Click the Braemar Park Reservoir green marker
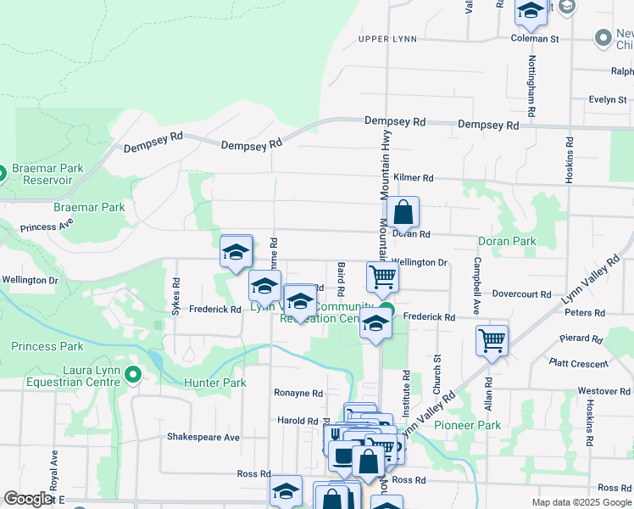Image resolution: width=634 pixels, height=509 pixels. pyautogui.click(x=3, y=174)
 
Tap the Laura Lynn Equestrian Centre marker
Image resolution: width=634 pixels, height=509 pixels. pyautogui.click(x=132, y=374)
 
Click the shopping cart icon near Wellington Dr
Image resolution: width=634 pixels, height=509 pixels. pyautogui.click(x=382, y=277)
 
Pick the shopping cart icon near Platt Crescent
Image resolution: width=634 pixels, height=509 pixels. pyautogui.click(x=492, y=340)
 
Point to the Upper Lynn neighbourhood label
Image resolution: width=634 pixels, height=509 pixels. pyautogui.click(x=387, y=39)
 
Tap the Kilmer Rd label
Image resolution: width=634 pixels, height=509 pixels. pyautogui.click(x=414, y=178)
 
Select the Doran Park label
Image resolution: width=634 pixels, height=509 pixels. pyautogui.click(x=508, y=242)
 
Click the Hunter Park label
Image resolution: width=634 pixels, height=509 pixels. pyautogui.click(x=215, y=383)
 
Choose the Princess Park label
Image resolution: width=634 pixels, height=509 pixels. pyautogui.click(x=47, y=347)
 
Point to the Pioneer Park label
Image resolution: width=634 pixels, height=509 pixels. pyautogui.click(x=468, y=425)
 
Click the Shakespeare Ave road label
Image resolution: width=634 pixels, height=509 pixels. pyautogui.click(x=203, y=438)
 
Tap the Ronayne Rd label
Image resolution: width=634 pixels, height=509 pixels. pyautogui.click(x=298, y=394)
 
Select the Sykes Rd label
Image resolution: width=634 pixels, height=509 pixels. pyautogui.click(x=176, y=297)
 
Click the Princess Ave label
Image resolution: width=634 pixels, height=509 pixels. pyautogui.click(x=47, y=227)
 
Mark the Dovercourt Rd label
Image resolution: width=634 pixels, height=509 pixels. pyautogui.click(x=522, y=294)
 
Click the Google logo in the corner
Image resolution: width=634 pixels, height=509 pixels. pyautogui.click(x=28, y=499)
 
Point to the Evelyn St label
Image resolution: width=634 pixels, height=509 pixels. pyautogui.click(x=608, y=99)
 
